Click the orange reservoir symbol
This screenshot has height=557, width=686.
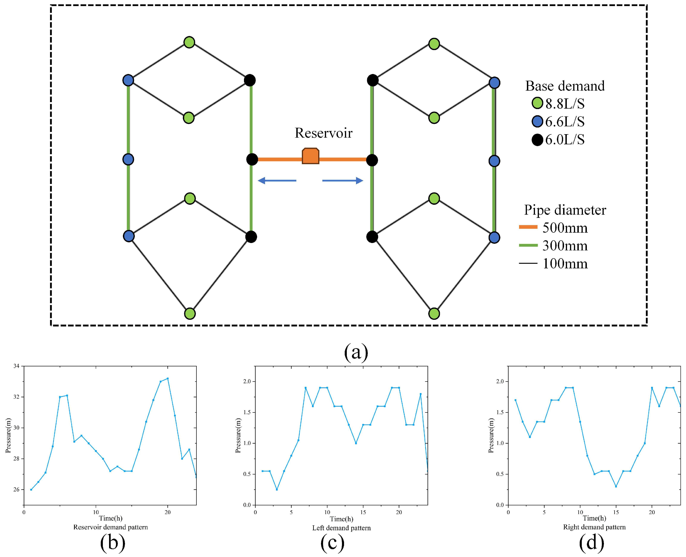point(310,156)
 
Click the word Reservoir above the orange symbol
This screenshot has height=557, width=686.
point(324,133)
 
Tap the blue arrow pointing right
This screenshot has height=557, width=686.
point(343,181)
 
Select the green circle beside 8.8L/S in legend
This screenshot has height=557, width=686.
point(537,103)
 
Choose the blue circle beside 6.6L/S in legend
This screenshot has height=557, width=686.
point(537,121)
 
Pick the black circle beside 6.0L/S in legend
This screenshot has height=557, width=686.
point(537,139)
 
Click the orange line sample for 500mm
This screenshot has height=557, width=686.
point(528,227)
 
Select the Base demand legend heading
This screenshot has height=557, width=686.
point(565,86)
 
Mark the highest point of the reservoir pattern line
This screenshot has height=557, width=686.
point(167,379)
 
